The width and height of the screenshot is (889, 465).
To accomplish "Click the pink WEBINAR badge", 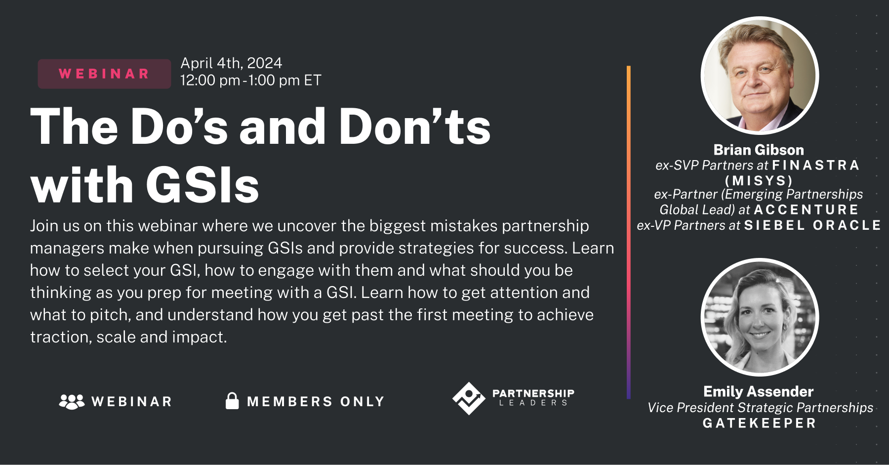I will point(104,74).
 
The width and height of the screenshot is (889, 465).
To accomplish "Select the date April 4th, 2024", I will point(231,63).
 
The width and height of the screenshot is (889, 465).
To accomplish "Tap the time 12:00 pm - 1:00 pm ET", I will point(250,81).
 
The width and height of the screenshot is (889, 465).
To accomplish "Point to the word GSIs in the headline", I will point(202,186).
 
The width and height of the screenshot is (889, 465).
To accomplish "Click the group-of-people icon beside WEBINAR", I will point(72,401).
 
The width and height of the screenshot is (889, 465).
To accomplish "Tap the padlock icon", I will point(232,401).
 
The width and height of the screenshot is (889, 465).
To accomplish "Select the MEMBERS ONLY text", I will point(316,402).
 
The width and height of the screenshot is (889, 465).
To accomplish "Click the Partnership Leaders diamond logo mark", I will point(468,398).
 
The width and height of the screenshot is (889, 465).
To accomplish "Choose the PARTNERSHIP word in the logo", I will point(533,393).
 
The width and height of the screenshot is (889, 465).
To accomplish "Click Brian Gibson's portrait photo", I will point(760,76).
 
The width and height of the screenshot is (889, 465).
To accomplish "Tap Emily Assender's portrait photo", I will point(760,317).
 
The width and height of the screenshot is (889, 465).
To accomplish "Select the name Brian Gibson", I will point(759,150).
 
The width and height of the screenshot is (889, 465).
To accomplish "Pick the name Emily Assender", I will point(758,392).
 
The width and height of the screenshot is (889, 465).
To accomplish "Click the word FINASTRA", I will point(815,165).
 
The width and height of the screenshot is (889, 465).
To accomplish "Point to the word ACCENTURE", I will point(806,210).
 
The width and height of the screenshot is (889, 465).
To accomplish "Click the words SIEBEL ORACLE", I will point(812,225).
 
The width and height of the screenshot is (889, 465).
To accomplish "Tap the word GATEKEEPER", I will point(759,423).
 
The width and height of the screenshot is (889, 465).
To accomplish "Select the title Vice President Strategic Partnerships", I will point(760,408).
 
